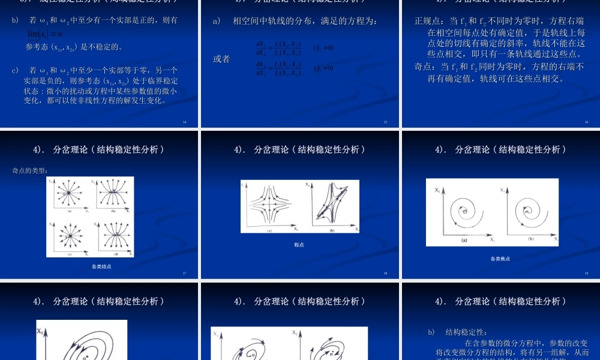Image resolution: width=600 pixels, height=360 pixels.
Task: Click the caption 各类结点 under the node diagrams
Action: coord(101,266)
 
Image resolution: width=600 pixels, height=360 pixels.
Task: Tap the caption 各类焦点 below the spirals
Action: coord(500,259)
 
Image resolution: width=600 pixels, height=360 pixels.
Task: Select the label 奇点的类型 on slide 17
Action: coord(30,170)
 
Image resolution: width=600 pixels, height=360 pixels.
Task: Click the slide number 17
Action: coord(184,274)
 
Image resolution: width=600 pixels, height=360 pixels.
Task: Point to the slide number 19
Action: coord(586,274)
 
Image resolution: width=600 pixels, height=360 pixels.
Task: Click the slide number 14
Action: coord(184,122)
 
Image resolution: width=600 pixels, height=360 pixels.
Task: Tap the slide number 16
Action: coord(586,122)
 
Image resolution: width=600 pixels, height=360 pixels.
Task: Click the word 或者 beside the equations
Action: coord(221,59)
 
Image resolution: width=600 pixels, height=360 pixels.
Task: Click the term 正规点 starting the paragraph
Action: coord(427,21)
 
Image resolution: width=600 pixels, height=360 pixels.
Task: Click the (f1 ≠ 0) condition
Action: coord(323,47)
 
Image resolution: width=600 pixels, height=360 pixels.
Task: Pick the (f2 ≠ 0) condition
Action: coord(323,68)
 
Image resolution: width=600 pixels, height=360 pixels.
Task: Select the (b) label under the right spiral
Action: coord(530,239)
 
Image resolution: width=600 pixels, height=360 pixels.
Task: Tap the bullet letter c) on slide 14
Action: coord(16,70)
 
